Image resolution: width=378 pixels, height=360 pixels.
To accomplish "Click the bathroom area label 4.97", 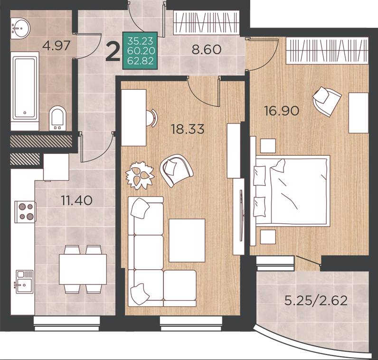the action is [56, 45].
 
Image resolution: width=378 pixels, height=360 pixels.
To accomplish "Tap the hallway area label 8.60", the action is [207, 49].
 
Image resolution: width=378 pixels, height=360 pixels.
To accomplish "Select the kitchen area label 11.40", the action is [76, 200].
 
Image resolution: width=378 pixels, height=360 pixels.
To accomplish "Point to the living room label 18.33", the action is [188, 129].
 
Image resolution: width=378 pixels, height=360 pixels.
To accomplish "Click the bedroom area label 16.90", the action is [282, 111].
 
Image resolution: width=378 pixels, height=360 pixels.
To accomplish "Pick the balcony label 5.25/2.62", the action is [316, 301].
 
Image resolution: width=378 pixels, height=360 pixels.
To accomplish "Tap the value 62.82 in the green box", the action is [140, 60].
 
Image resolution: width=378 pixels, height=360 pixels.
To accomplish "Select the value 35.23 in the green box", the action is [140, 41].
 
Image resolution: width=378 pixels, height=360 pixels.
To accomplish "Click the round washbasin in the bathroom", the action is [20, 28].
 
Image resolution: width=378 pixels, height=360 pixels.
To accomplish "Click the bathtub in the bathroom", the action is [25, 88].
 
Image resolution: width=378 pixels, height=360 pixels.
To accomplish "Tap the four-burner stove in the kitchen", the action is [25, 212].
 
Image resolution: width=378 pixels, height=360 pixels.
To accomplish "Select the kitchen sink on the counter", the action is [24, 281].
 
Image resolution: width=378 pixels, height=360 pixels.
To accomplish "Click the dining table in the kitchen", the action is [83, 269].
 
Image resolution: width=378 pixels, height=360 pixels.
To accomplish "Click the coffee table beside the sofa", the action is [187, 240].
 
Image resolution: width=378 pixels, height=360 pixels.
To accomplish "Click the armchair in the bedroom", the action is [327, 101].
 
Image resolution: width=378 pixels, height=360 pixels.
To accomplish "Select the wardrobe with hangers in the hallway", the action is [206, 22].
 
